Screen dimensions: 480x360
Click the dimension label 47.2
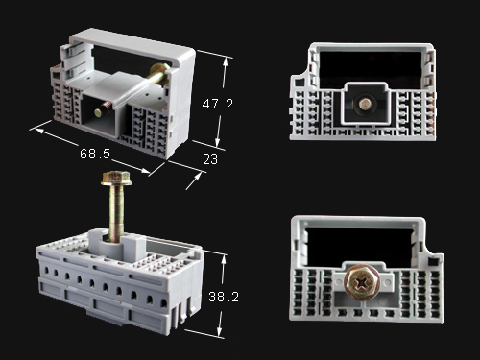coord(218,104)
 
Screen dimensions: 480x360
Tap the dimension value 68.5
coord(95,154)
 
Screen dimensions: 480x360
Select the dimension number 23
coord(210,159)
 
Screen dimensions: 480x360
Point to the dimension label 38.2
coord(224,297)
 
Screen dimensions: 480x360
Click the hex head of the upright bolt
coord(116,179)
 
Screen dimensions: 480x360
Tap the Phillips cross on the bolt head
coord(362,282)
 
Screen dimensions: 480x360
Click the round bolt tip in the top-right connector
coord(364,104)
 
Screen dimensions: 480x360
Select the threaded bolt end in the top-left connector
coord(102,109)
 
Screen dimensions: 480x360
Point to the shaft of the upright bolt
coord(116,213)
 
